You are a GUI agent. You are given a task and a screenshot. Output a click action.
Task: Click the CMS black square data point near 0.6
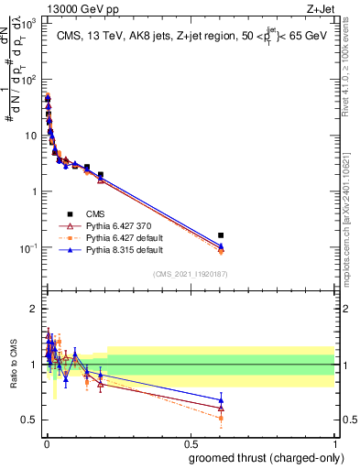click(x=221, y=235)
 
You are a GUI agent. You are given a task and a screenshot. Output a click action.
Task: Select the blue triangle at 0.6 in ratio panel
click(x=221, y=399)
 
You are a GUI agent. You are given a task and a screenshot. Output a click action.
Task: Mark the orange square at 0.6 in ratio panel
click(x=221, y=418)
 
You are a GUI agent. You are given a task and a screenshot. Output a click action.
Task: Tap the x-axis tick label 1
click(x=334, y=442)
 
